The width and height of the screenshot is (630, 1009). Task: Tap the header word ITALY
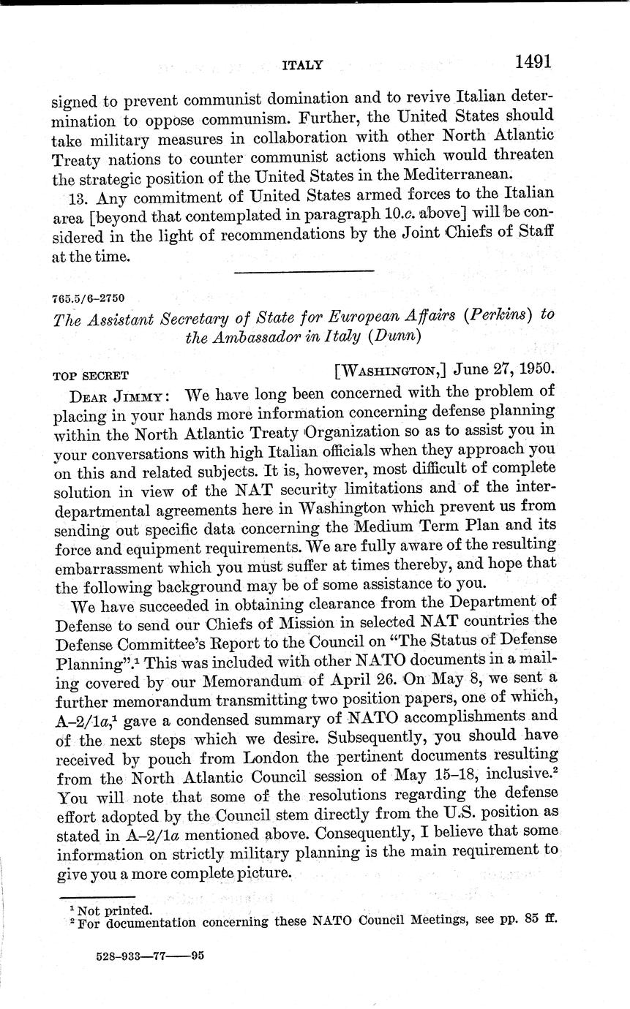pos(302,66)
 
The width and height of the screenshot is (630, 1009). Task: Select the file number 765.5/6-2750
pos(89,298)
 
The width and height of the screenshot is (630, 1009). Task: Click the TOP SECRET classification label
pos(91,377)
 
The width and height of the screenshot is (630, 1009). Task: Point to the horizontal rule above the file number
pos(303,271)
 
